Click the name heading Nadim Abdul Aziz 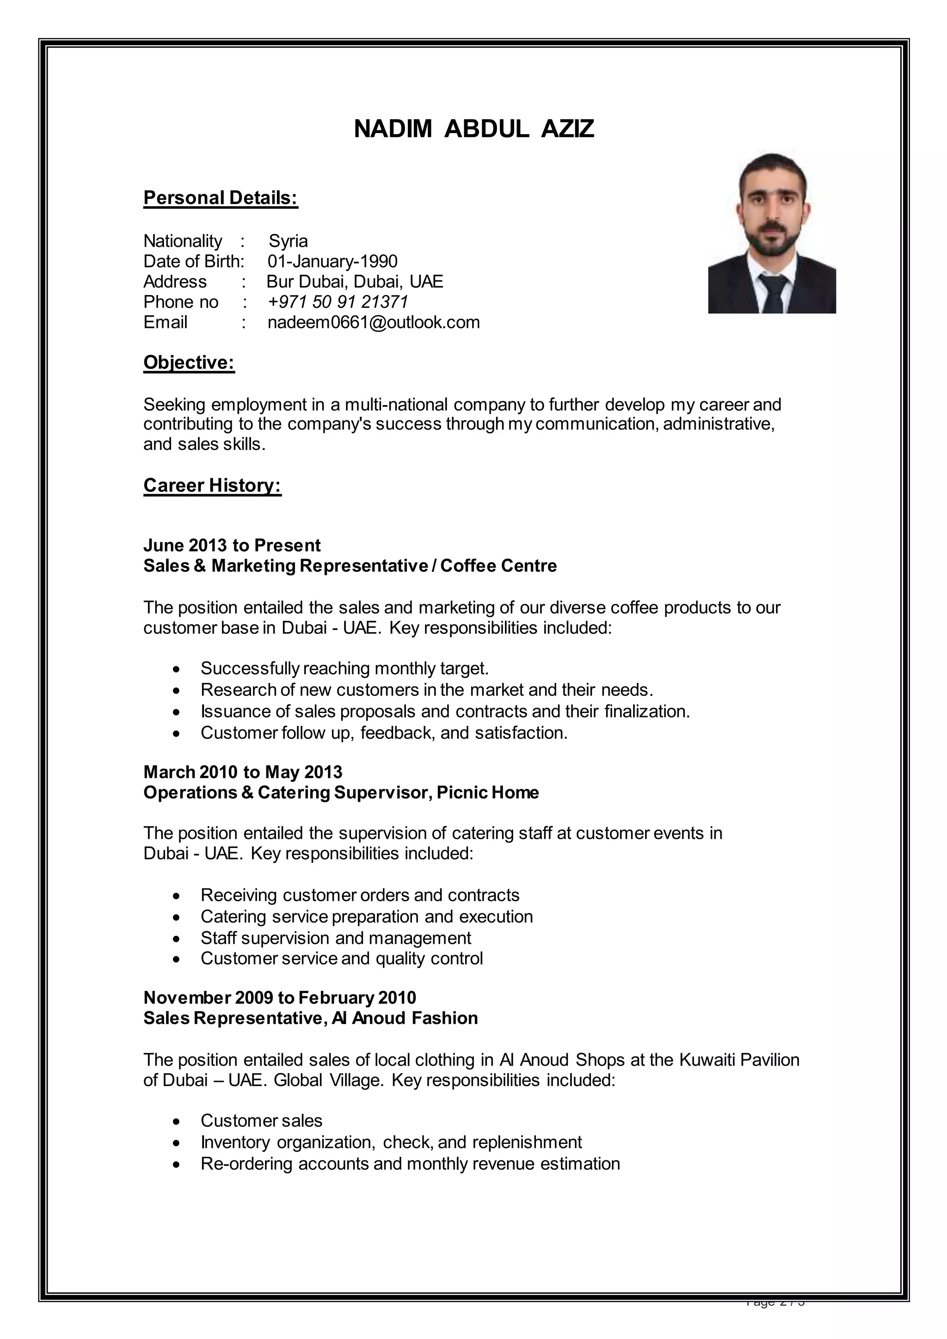[473, 129]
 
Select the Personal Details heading [221, 198]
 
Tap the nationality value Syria [288, 241]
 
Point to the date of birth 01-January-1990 [332, 261]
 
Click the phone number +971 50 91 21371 [338, 302]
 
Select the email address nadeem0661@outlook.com [373, 323]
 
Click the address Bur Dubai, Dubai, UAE [355, 282]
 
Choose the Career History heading [212, 485]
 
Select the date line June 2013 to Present [232, 545]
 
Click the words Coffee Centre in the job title [498, 565]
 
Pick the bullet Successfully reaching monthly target [344, 668]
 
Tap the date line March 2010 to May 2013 [243, 772]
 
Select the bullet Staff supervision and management [335, 938]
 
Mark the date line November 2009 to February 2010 [279, 998]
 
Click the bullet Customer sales [261, 1120]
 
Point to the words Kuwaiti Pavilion [739, 1060]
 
